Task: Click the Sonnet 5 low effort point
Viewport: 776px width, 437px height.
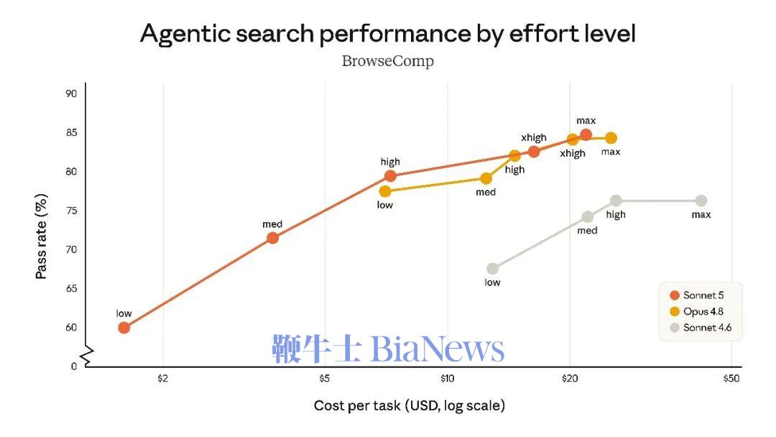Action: pyautogui.click(x=124, y=328)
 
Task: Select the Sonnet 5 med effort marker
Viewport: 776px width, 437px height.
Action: pyautogui.click(x=272, y=238)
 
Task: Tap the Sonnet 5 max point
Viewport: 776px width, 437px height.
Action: pyautogui.click(x=586, y=134)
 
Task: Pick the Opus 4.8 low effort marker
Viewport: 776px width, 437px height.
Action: pyautogui.click(x=385, y=191)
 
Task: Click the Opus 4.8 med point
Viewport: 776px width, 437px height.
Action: pyautogui.click(x=486, y=178)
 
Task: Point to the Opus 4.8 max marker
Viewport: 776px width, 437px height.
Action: pyautogui.click(x=611, y=138)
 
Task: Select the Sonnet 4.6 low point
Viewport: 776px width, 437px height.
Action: pyautogui.click(x=492, y=269)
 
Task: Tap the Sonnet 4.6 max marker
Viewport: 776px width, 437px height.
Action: pyautogui.click(x=701, y=201)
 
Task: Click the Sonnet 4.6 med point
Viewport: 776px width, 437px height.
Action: pyautogui.click(x=588, y=217)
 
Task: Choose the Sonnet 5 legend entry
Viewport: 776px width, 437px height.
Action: pyautogui.click(x=697, y=295)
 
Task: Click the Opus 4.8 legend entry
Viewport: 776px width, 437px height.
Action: pyautogui.click(x=697, y=311)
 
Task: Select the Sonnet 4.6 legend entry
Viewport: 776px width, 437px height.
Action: pyautogui.click(x=701, y=328)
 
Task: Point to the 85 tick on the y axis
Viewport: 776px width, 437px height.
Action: pyautogui.click(x=71, y=133)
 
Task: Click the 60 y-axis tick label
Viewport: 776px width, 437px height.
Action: pyautogui.click(x=71, y=328)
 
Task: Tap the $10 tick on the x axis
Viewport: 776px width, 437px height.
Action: pyautogui.click(x=447, y=379)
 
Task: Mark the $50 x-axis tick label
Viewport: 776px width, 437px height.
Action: pyautogui.click(x=731, y=379)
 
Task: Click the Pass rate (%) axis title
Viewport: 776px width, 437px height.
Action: pyautogui.click(x=42, y=236)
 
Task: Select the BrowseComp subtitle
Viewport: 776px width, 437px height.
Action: pyautogui.click(x=388, y=61)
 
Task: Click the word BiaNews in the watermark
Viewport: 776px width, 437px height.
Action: pyautogui.click(x=438, y=349)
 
